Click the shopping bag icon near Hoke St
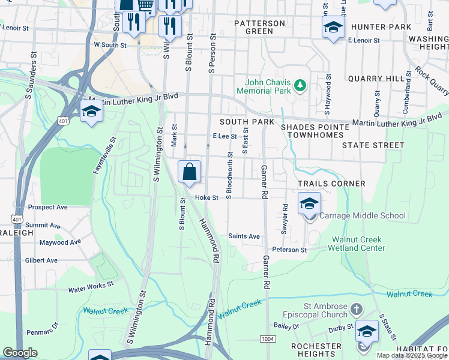point(189,172)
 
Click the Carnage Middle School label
point(363,215)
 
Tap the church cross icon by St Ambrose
point(356,310)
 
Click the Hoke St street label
point(205,197)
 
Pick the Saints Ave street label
point(244,236)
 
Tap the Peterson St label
point(289,250)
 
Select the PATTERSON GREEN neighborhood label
point(259,27)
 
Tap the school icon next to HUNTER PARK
point(333,27)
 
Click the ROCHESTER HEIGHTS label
point(316,350)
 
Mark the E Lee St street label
point(225,136)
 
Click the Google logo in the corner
point(20,353)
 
